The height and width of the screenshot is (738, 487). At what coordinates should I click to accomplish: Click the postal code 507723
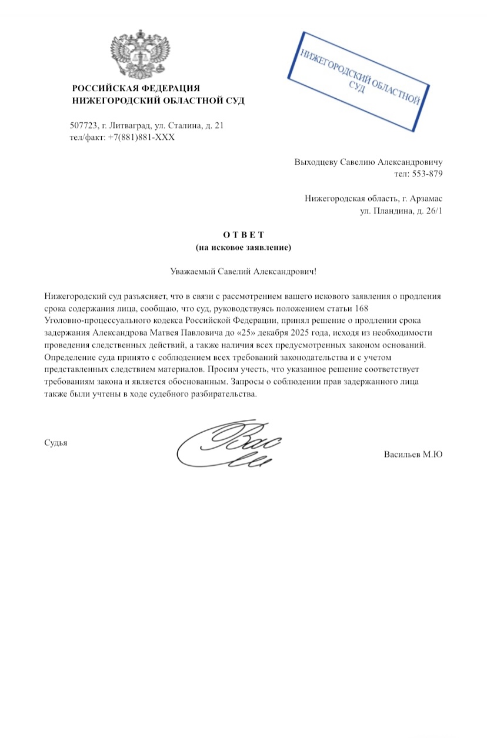point(83,125)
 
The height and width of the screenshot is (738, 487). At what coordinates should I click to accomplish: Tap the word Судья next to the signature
point(56,442)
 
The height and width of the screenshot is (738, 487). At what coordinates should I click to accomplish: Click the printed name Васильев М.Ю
point(412,454)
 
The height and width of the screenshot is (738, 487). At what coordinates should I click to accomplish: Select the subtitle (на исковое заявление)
point(243,248)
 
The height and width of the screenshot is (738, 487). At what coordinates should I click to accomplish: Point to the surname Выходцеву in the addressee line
point(316,162)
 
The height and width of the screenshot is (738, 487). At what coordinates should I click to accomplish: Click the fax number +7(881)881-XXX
point(141,137)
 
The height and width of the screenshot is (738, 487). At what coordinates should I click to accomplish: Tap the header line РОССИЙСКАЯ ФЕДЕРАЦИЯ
point(136,88)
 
